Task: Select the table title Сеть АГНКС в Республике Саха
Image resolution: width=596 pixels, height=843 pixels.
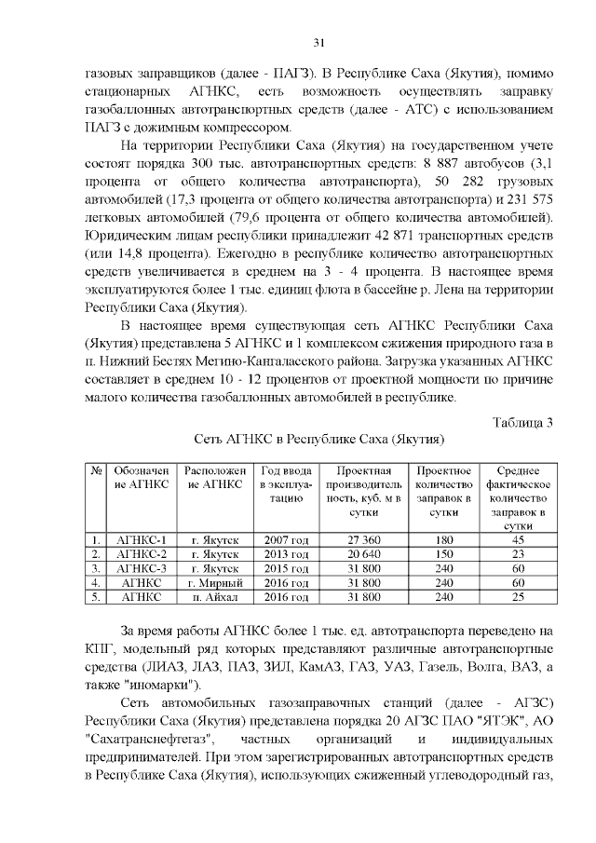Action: [x=318, y=438]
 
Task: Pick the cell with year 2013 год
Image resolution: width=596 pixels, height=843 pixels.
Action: [x=286, y=554]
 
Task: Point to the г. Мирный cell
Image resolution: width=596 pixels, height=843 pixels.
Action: [x=215, y=582]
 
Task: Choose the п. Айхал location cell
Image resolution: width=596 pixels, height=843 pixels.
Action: [x=215, y=596]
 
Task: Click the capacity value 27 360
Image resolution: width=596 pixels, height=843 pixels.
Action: [x=362, y=540]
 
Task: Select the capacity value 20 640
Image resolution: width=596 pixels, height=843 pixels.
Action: [x=362, y=554]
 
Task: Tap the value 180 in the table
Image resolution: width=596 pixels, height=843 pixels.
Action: [x=444, y=540]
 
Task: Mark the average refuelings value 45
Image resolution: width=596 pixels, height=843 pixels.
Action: [x=518, y=540]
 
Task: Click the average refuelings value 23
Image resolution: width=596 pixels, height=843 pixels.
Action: [x=518, y=554]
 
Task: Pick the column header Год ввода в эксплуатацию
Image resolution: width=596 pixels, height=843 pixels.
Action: [x=286, y=484]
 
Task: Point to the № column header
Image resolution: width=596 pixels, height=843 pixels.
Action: [x=96, y=471]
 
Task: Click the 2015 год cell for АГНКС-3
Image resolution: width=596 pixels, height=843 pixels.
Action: [x=286, y=568]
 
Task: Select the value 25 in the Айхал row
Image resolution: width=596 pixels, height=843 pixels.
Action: [x=518, y=596]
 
